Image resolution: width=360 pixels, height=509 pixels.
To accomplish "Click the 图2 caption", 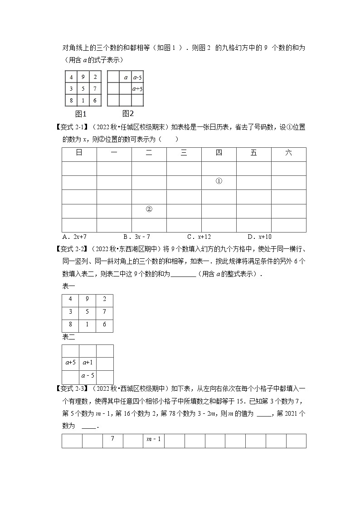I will coord(128,113).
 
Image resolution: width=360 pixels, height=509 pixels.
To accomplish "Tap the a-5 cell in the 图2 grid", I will coord(137,78).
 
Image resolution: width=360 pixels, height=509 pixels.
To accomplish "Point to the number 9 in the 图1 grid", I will coord(83,77).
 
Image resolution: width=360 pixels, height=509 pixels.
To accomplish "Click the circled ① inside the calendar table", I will coord(219,181).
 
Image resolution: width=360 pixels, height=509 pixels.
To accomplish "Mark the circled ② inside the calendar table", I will coord(149,209).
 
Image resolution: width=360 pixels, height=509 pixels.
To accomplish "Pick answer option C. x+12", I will coord(199,237).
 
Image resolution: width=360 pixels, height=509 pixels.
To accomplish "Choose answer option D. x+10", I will coord(259,237).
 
